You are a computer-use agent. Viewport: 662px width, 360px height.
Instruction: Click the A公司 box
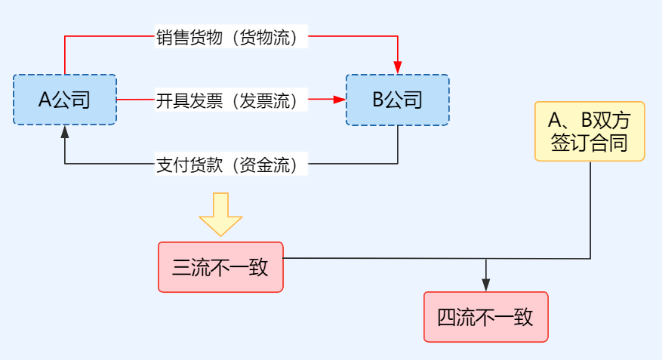click(x=65, y=100)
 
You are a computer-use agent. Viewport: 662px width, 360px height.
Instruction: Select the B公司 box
click(x=397, y=100)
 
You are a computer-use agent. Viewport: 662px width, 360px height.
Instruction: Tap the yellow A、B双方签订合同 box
click(x=590, y=131)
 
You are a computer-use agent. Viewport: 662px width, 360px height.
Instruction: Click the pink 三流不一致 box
click(x=220, y=267)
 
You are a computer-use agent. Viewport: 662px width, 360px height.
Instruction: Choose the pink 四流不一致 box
click(x=485, y=317)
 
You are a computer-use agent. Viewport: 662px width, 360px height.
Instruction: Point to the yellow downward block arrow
click(x=220, y=214)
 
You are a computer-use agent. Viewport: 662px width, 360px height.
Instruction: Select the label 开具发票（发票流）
click(x=232, y=100)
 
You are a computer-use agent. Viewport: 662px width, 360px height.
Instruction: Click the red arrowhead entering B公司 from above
click(x=398, y=68)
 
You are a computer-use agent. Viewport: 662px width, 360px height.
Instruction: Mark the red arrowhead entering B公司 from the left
click(x=339, y=100)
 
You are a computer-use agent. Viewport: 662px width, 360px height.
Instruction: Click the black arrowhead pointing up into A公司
click(x=65, y=131)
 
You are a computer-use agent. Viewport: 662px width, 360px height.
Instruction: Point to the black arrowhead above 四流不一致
click(x=485, y=285)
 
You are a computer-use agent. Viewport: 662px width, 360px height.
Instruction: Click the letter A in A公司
click(x=45, y=100)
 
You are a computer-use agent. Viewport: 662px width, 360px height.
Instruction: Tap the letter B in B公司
click(x=377, y=100)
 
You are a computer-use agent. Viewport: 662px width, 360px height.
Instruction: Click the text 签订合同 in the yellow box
click(x=590, y=143)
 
